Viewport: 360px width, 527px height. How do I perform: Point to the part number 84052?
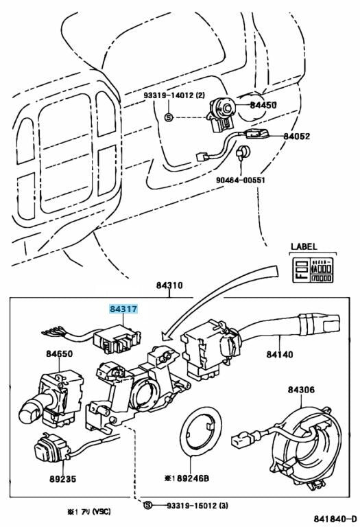(296, 137)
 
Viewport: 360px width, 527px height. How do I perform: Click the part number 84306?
(301, 390)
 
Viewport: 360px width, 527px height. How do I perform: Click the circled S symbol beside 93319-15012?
(147, 506)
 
